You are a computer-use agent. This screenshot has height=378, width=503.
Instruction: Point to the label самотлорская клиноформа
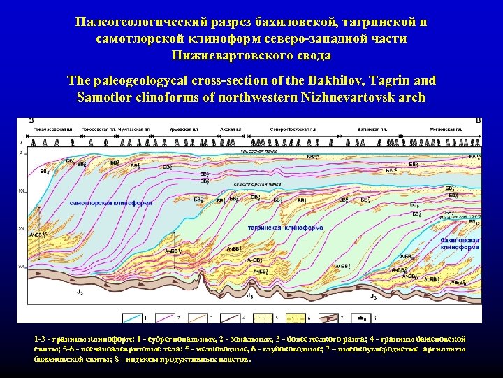tap(111, 203)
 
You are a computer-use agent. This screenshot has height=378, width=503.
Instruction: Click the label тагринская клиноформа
tap(315, 227)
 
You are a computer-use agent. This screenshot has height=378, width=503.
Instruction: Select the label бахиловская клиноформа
tap(460, 244)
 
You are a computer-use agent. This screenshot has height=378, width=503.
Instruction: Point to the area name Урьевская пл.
tap(184, 130)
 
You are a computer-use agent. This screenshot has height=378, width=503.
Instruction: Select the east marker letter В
tap(478, 120)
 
